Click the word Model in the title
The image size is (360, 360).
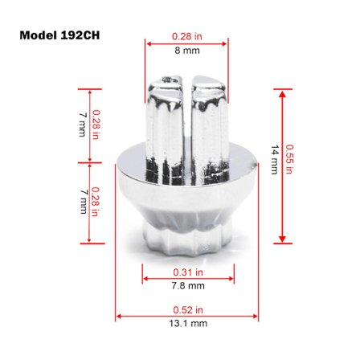point(38,35)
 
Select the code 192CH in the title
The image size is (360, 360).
point(80,35)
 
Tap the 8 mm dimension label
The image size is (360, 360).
point(187,51)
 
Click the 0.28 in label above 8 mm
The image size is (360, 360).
point(187,36)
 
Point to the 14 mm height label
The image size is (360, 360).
point(275,160)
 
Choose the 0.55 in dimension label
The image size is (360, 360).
point(289,159)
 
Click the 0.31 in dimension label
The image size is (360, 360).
point(188,272)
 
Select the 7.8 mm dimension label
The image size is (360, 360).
point(188,286)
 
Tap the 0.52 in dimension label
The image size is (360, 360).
point(188,310)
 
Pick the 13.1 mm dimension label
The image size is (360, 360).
point(188,323)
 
